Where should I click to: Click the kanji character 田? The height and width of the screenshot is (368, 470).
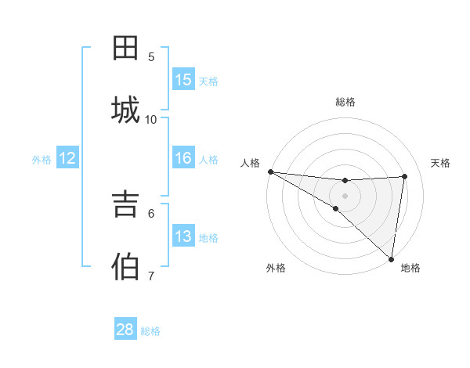point(126,48)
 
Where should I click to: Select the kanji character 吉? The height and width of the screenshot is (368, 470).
point(126,205)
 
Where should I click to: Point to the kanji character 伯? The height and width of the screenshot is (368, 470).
point(126,267)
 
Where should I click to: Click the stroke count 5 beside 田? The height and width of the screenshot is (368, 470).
point(151,56)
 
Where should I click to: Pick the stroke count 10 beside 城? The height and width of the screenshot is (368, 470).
point(151,119)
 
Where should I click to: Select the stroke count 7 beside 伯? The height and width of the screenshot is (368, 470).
point(151,276)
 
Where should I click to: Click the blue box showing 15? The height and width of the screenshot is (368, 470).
point(183,80)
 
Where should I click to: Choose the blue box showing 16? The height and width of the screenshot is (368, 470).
point(183,158)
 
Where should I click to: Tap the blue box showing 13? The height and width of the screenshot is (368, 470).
point(183,236)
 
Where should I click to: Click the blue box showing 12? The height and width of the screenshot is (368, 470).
point(67,158)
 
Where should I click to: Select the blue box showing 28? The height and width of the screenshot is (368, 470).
point(125,330)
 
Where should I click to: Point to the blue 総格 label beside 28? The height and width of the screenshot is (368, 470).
point(150,331)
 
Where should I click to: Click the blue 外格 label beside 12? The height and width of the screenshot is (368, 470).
point(42,160)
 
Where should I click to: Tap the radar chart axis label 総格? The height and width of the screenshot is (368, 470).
point(345,102)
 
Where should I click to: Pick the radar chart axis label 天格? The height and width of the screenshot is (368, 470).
point(440,163)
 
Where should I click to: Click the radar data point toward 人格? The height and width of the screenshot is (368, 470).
point(270,171)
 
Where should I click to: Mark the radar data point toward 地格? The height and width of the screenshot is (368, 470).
point(391,258)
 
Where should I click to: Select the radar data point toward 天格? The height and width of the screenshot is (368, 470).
point(405,176)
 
